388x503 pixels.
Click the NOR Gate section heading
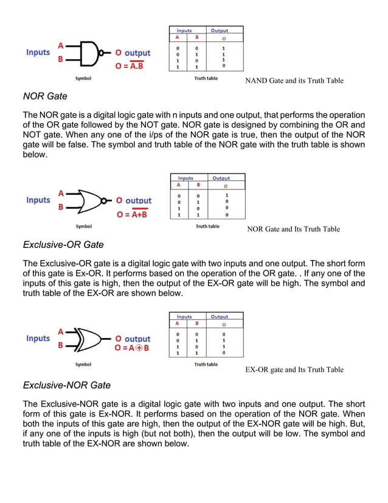(45, 96)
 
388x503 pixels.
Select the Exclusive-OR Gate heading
(63, 245)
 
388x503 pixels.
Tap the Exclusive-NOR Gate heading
(67, 385)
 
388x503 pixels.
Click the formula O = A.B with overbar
(129, 66)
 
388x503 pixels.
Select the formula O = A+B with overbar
(133, 214)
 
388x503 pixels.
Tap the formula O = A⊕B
(131, 348)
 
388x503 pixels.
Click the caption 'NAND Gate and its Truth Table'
(294, 80)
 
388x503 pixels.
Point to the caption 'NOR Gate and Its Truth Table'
(294, 229)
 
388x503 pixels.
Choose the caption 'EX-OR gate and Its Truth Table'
(294, 370)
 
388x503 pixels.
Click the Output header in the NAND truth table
(220, 30)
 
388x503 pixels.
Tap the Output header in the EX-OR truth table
(220, 317)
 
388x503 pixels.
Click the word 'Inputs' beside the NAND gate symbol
(38, 52)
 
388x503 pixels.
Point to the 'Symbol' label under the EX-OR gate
(83, 365)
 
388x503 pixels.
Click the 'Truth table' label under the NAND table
(206, 79)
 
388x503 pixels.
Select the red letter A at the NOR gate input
(60, 193)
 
